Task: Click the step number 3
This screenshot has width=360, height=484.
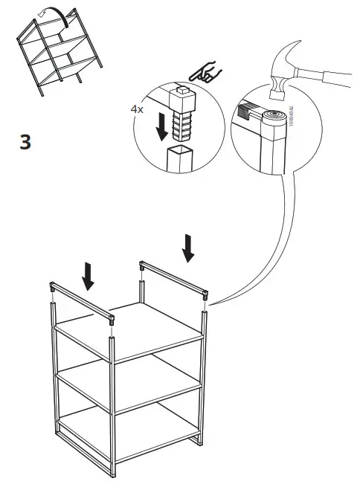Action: [x=25, y=142]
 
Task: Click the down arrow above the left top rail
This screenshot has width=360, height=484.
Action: [x=89, y=275]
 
